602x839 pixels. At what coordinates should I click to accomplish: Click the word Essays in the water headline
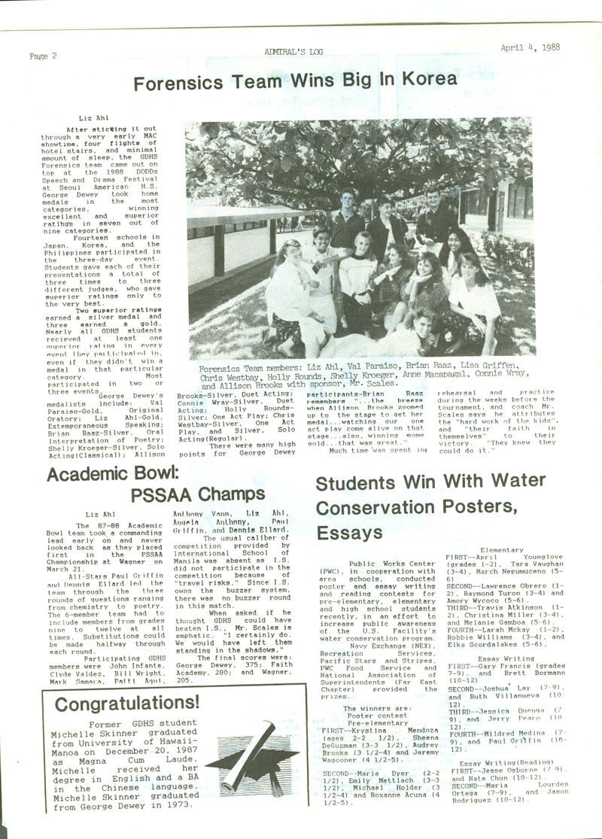point(347,533)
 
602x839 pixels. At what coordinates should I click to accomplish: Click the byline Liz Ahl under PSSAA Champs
point(101,514)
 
